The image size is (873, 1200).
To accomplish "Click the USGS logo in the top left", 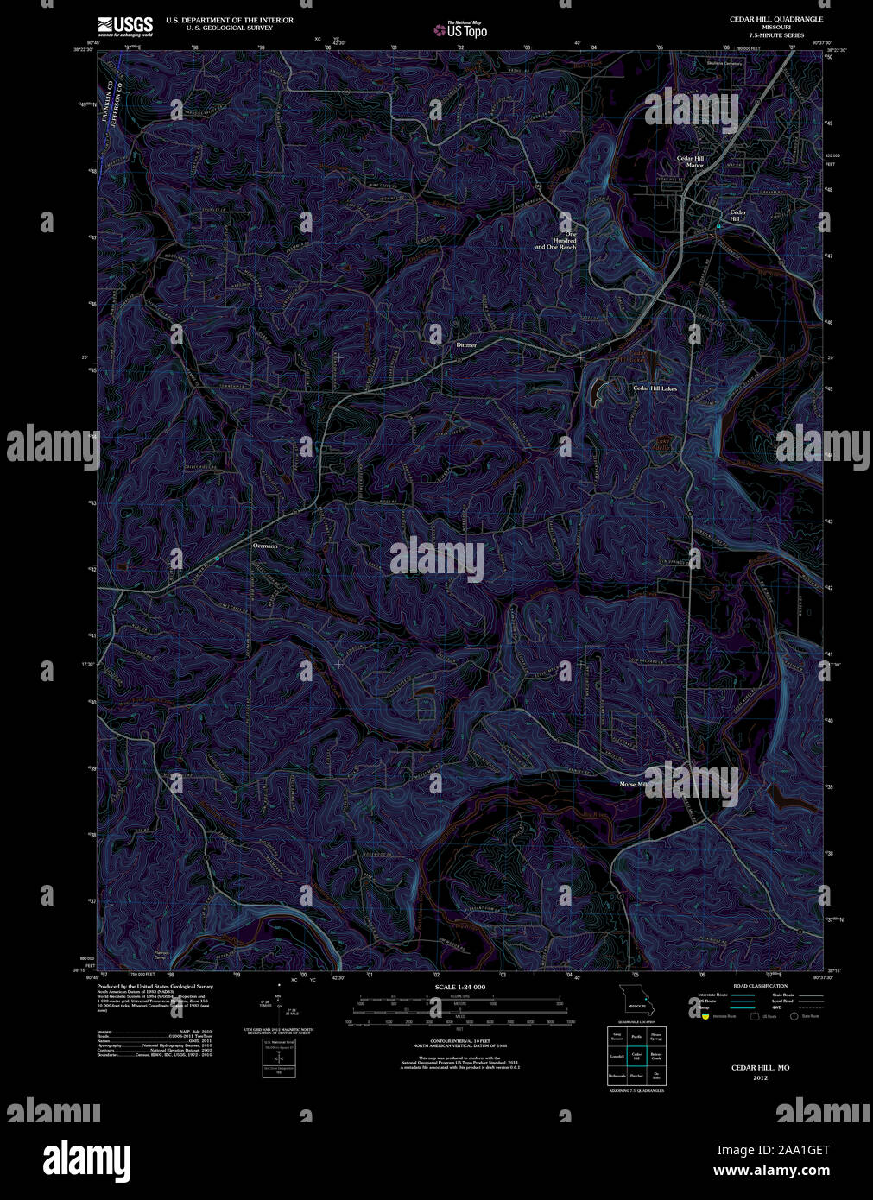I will [125, 26].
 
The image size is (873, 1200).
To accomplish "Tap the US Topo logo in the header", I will [460, 30].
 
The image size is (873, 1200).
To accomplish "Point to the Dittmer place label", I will [466, 344].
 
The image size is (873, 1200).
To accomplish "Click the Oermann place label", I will [264, 546].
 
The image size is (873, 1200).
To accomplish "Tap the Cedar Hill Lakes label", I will [655, 388].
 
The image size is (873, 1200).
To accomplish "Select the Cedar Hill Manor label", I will [690, 161].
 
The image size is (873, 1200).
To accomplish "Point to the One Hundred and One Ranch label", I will [555, 240].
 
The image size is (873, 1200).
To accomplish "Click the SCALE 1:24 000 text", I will [459, 987].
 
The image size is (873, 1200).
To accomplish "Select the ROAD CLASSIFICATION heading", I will [759, 986].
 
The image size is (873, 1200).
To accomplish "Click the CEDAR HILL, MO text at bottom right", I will [760, 1068].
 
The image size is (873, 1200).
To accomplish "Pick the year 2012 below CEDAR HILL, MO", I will [760, 1077].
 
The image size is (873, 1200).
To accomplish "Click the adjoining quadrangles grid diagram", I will [636, 1055].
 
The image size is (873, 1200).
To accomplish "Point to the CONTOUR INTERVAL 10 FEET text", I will [459, 1043].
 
